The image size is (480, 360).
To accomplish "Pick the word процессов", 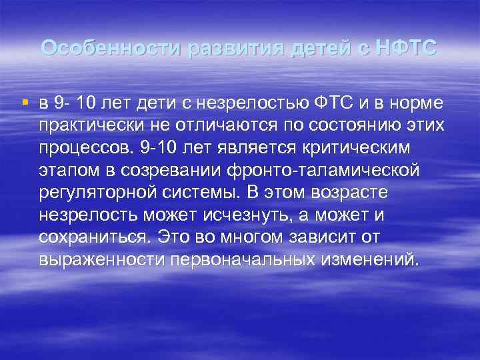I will pyautogui.click(x=84, y=148).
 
